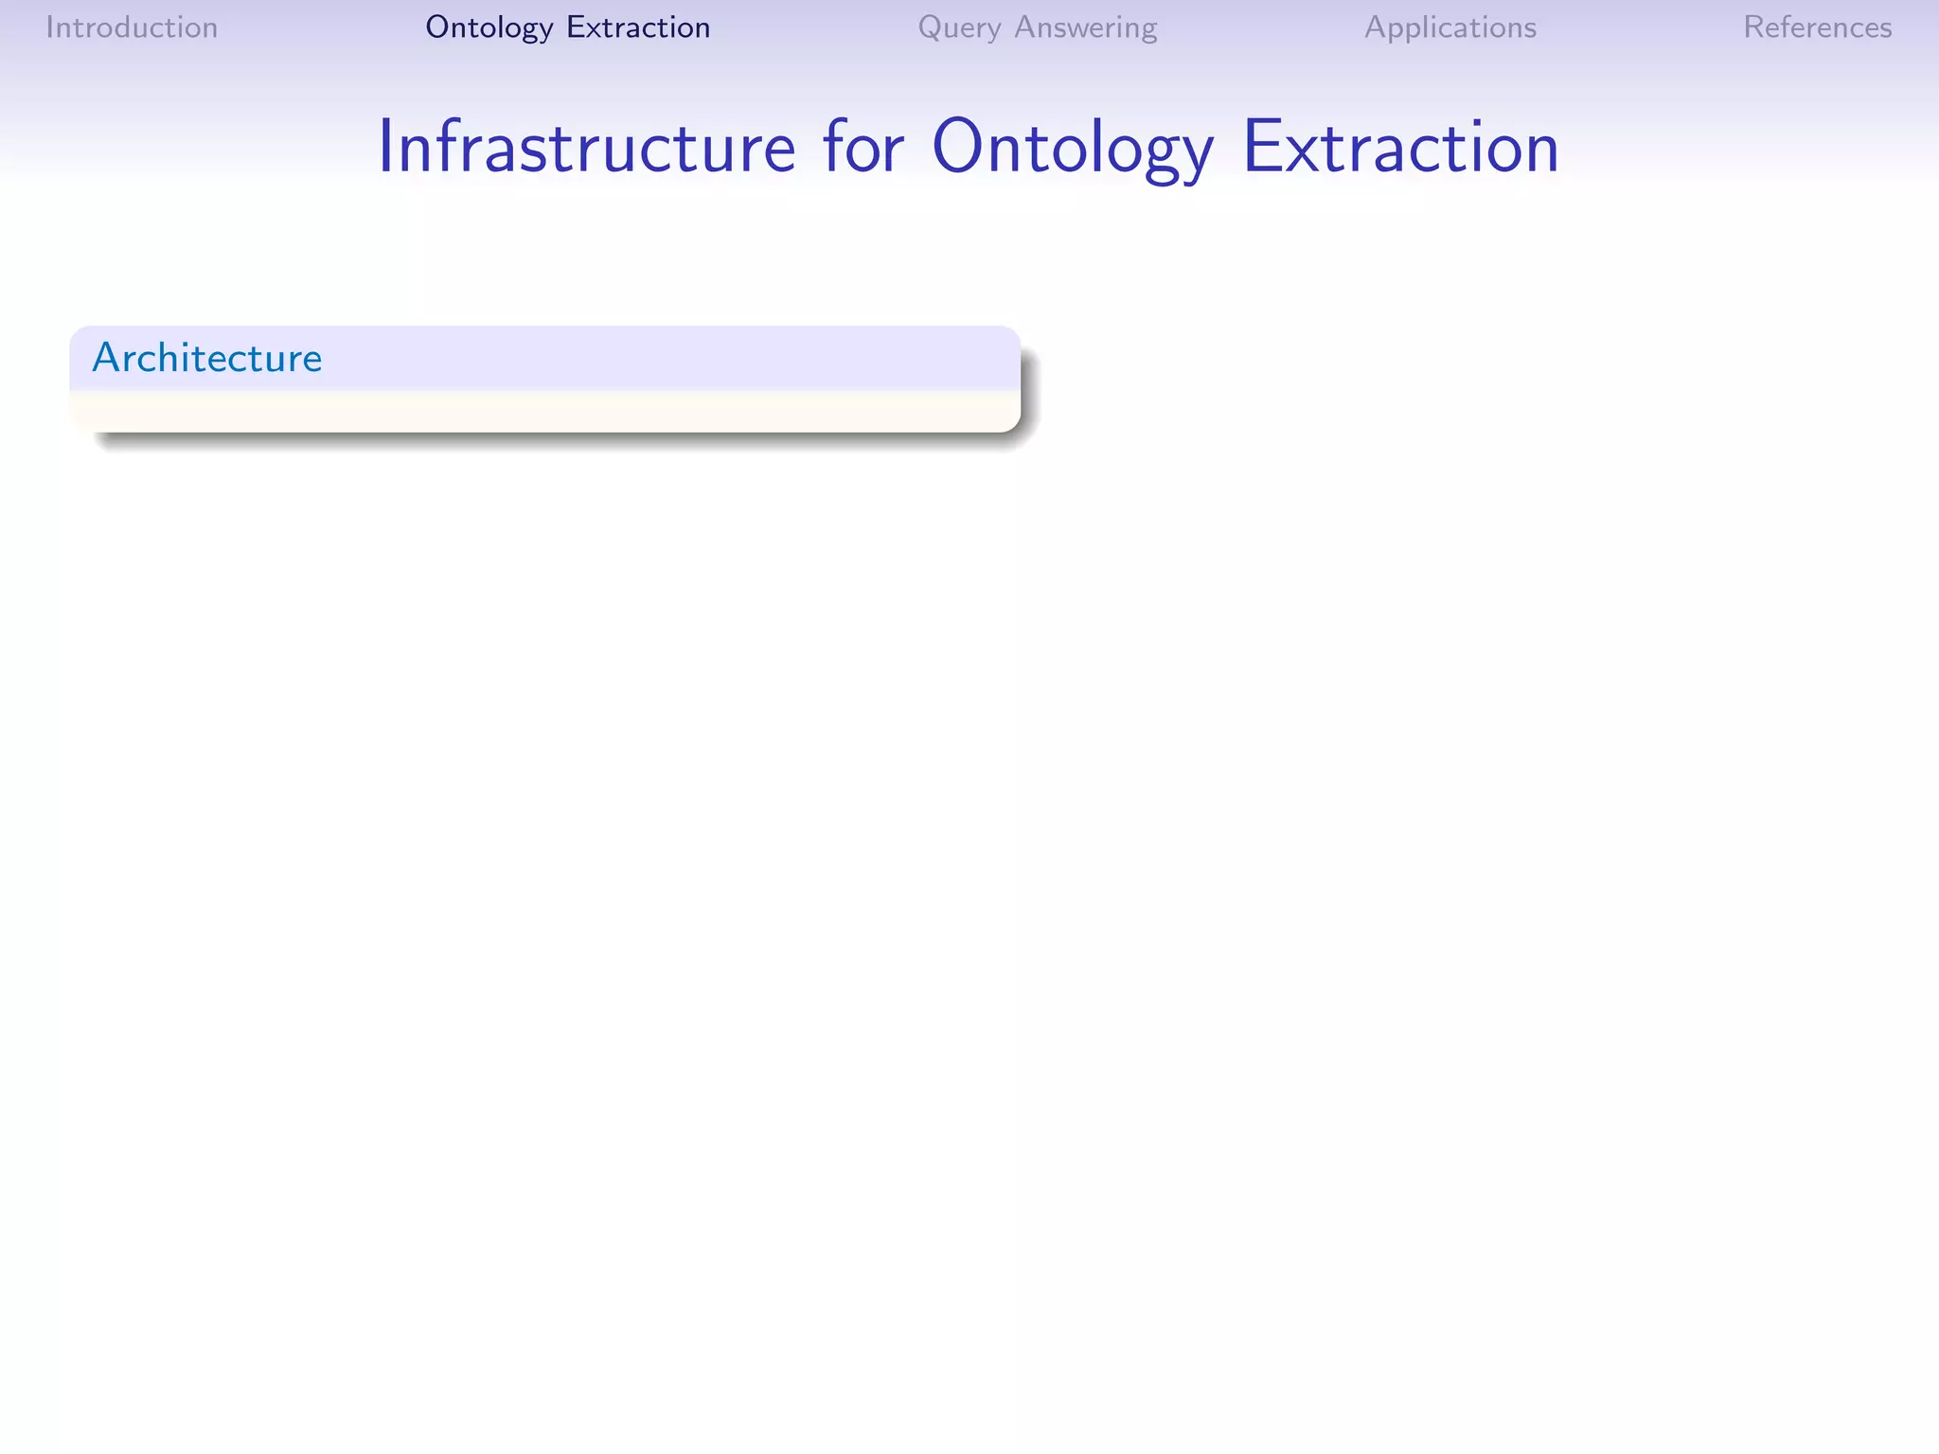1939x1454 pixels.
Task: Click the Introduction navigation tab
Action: [132, 27]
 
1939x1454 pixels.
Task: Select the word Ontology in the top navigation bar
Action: [489, 27]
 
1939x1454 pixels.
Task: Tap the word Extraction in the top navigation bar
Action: [638, 27]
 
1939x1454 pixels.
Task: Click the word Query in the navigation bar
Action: [959, 27]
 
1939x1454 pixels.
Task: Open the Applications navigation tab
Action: [1450, 27]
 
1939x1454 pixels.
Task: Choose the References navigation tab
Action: [1817, 27]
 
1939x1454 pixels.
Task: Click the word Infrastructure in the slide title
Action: [586, 148]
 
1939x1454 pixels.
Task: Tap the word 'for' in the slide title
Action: [863, 148]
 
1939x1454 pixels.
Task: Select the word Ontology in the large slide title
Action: [1072, 148]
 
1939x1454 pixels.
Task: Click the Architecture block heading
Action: [207, 358]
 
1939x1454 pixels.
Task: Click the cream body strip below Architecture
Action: [544, 411]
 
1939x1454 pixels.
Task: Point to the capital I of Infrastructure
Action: [385, 148]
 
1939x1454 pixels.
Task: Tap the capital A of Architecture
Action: [105, 358]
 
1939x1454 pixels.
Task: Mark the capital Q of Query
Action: [931, 27]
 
